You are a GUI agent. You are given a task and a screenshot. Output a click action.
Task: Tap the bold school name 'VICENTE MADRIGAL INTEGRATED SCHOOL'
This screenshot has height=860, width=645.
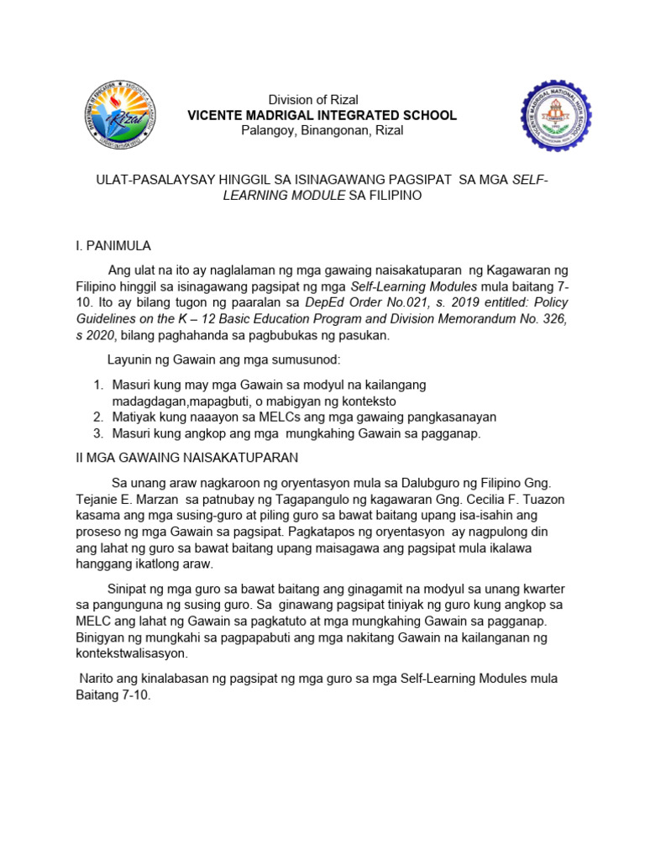[x=322, y=115]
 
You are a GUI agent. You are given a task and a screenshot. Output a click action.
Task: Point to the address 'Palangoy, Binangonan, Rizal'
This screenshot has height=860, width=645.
[x=322, y=130]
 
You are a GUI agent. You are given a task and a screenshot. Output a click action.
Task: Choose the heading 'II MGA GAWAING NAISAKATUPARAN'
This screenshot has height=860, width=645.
[x=182, y=458]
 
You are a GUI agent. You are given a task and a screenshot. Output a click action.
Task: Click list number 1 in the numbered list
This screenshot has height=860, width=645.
[x=97, y=385]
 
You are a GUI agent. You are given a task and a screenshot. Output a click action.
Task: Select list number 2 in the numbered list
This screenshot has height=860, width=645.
[x=97, y=417]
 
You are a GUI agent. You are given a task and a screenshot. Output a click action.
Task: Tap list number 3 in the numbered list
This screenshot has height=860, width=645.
[x=97, y=433]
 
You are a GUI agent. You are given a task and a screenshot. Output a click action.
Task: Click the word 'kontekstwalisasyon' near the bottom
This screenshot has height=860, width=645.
[x=132, y=653]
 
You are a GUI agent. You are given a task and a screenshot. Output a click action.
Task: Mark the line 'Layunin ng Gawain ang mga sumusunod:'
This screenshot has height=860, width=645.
[x=223, y=360]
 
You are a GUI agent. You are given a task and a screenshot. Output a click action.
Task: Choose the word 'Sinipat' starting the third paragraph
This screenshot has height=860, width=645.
[x=128, y=588]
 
